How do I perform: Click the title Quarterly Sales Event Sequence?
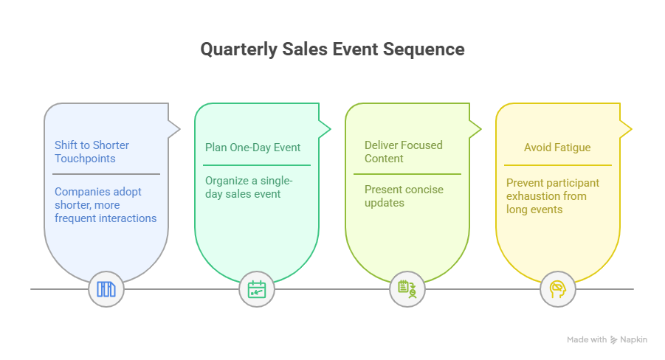332,49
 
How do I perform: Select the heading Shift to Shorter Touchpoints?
92,152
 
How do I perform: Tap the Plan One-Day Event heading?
252,148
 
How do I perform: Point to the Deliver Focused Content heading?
403,152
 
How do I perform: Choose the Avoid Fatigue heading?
557,148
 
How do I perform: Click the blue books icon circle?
106,289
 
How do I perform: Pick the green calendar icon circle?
257,289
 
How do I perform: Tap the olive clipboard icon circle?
407,289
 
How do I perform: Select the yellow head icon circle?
558,289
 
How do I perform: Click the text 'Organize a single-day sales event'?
249,187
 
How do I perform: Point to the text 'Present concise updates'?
404,196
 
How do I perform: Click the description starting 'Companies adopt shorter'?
106,205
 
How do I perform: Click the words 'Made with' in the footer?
587,340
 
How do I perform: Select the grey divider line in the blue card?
107,174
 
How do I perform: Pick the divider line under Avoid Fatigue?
558,165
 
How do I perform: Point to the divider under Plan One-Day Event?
257,165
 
